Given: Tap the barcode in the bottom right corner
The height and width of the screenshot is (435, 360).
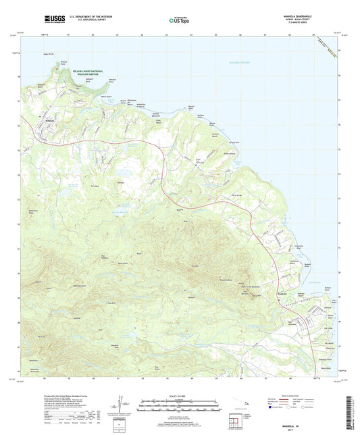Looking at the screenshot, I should pos(349,409).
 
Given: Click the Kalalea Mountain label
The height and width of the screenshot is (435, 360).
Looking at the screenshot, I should pos(233,277).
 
